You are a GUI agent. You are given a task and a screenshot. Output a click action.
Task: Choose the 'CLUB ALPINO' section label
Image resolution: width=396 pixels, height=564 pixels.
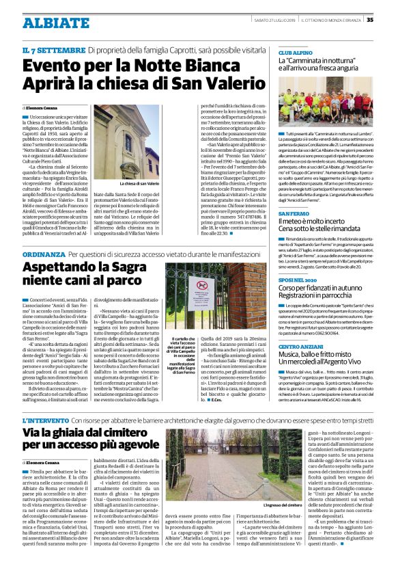pos(294,53)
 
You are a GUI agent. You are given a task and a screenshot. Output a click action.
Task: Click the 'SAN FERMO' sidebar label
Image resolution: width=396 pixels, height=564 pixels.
pos(294,214)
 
